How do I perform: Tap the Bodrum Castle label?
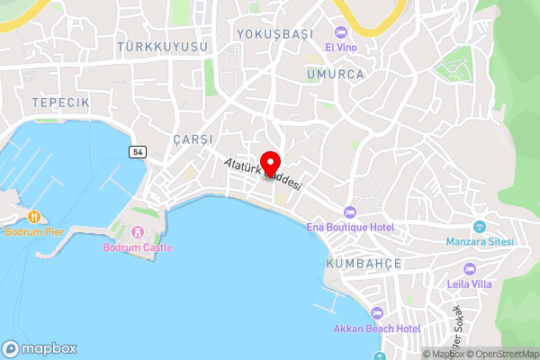(138, 247)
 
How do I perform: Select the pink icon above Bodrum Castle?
(138, 233)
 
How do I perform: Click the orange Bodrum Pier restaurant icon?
(33, 217)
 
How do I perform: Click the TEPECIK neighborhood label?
(60, 103)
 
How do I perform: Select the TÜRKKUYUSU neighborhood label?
(162, 46)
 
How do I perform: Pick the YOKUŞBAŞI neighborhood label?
(274, 33)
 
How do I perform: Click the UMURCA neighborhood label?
(335, 75)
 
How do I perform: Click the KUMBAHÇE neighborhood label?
(364, 263)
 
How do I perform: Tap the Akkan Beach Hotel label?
(377, 328)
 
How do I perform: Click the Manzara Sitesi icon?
(479, 227)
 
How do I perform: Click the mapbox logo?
(40, 348)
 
